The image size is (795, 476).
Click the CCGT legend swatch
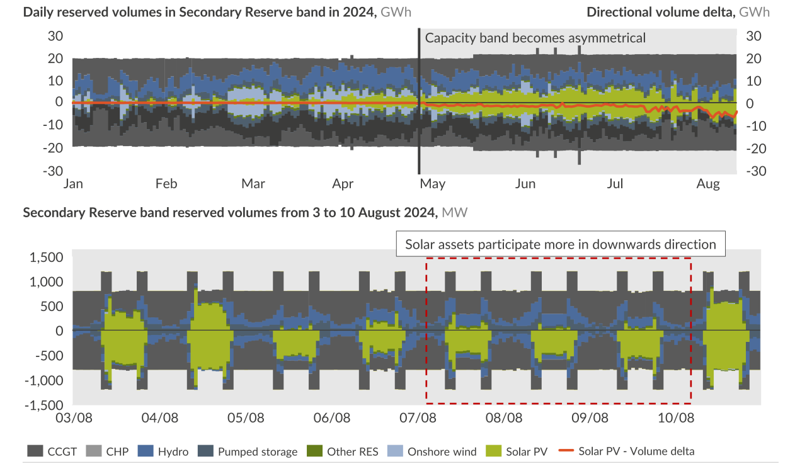pyautogui.click(x=35, y=451)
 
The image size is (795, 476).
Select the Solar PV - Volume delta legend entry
pyautogui.click(x=636, y=451)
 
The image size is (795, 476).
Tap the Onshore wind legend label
pyautogui.click(x=442, y=451)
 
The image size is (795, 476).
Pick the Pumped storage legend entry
pyautogui.click(x=257, y=451)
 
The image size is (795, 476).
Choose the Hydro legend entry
pyautogui.click(x=173, y=451)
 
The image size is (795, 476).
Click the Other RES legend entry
pyautogui.click(x=352, y=451)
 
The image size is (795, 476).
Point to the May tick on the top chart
pyautogui.click(x=432, y=184)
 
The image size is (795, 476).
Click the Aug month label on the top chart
pyautogui.click(x=708, y=184)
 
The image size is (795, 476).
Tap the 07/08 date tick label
pyautogui.click(x=418, y=417)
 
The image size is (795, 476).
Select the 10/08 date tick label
pyautogui.click(x=676, y=417)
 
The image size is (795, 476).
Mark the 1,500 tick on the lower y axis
pyautogui.click(x=47, y=257)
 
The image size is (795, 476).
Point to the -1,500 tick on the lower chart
pyautogui.click(x=44, y=405)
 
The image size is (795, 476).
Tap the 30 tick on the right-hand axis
pyautogui.click(x=754, y=36)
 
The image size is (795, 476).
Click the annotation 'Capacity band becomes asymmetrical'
pyautogui.click(x=535, y=38)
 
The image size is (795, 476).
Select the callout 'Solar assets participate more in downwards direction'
pyautogui.click(x=560, y=244)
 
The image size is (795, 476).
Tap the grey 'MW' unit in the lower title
pyautogui.click(x=454, y=212)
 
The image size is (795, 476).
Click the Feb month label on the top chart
pyautogui.click(x=166, y=184)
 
